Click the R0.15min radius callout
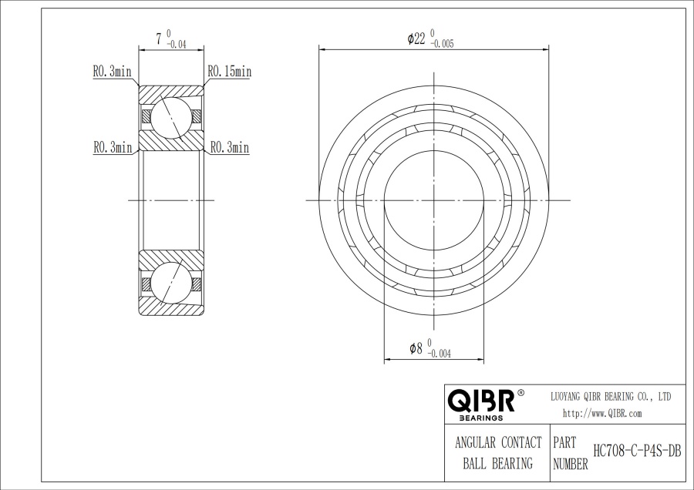pos(229,72)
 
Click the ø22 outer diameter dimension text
pos(416,39)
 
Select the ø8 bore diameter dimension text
pos(416,348)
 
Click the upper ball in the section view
pos(170,117)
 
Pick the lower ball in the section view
pos(170,283)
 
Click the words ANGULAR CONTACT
pos(497,443)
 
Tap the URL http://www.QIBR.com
pos(602,413)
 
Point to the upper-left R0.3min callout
pos(113,72)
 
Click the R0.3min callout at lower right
pos(229,147)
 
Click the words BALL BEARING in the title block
pos(497,464)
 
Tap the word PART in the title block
pos(566,444)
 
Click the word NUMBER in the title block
pos(571,464)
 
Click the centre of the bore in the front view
pos(434,200)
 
